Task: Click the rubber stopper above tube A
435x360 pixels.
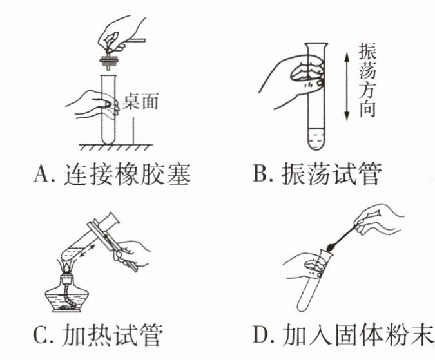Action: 110,61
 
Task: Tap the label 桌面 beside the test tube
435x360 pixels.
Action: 140,102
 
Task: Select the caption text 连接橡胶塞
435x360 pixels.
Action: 128,174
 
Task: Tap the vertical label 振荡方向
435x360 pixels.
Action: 367,80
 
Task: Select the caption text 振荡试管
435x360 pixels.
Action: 332,174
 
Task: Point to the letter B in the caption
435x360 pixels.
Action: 260,174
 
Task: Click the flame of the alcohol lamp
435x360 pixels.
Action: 67,267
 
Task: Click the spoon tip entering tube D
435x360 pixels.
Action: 329,247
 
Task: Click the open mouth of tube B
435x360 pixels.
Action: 316,44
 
